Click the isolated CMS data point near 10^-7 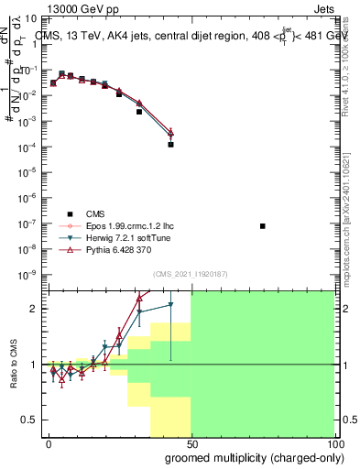(x=263, y=226)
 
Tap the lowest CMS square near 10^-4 (x=171, y=145)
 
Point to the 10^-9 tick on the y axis (x=27, y=274)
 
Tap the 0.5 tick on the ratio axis (x=27, y=420)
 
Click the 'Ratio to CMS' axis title (x=13, y=364)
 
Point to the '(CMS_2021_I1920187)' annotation (x=190, y=274)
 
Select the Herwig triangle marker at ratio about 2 (x=170, y=305)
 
